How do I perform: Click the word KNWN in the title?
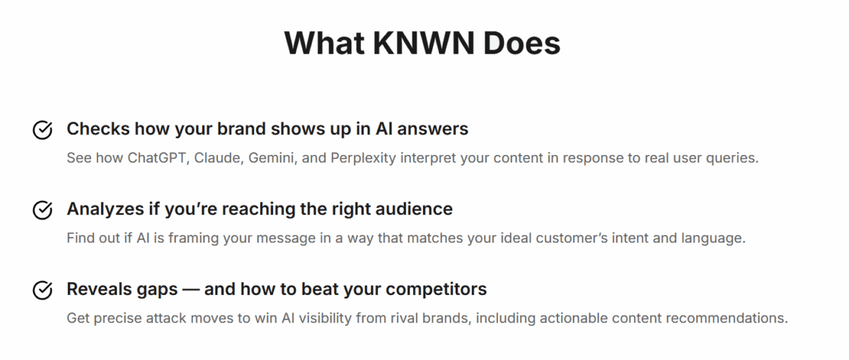tap(421, 43)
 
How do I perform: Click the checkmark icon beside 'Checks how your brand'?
tap(43, 130)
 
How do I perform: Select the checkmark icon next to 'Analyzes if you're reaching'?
tap(43, 210)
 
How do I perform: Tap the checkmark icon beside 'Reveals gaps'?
tap(43, 290)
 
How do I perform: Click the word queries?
tap(735, 158)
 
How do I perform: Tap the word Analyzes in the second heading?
tap(100, 209)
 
